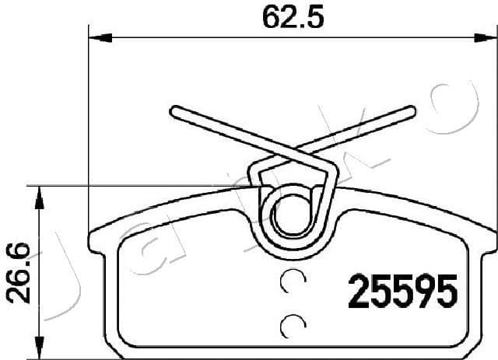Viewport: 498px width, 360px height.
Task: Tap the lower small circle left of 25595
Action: [x=292, y=323]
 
